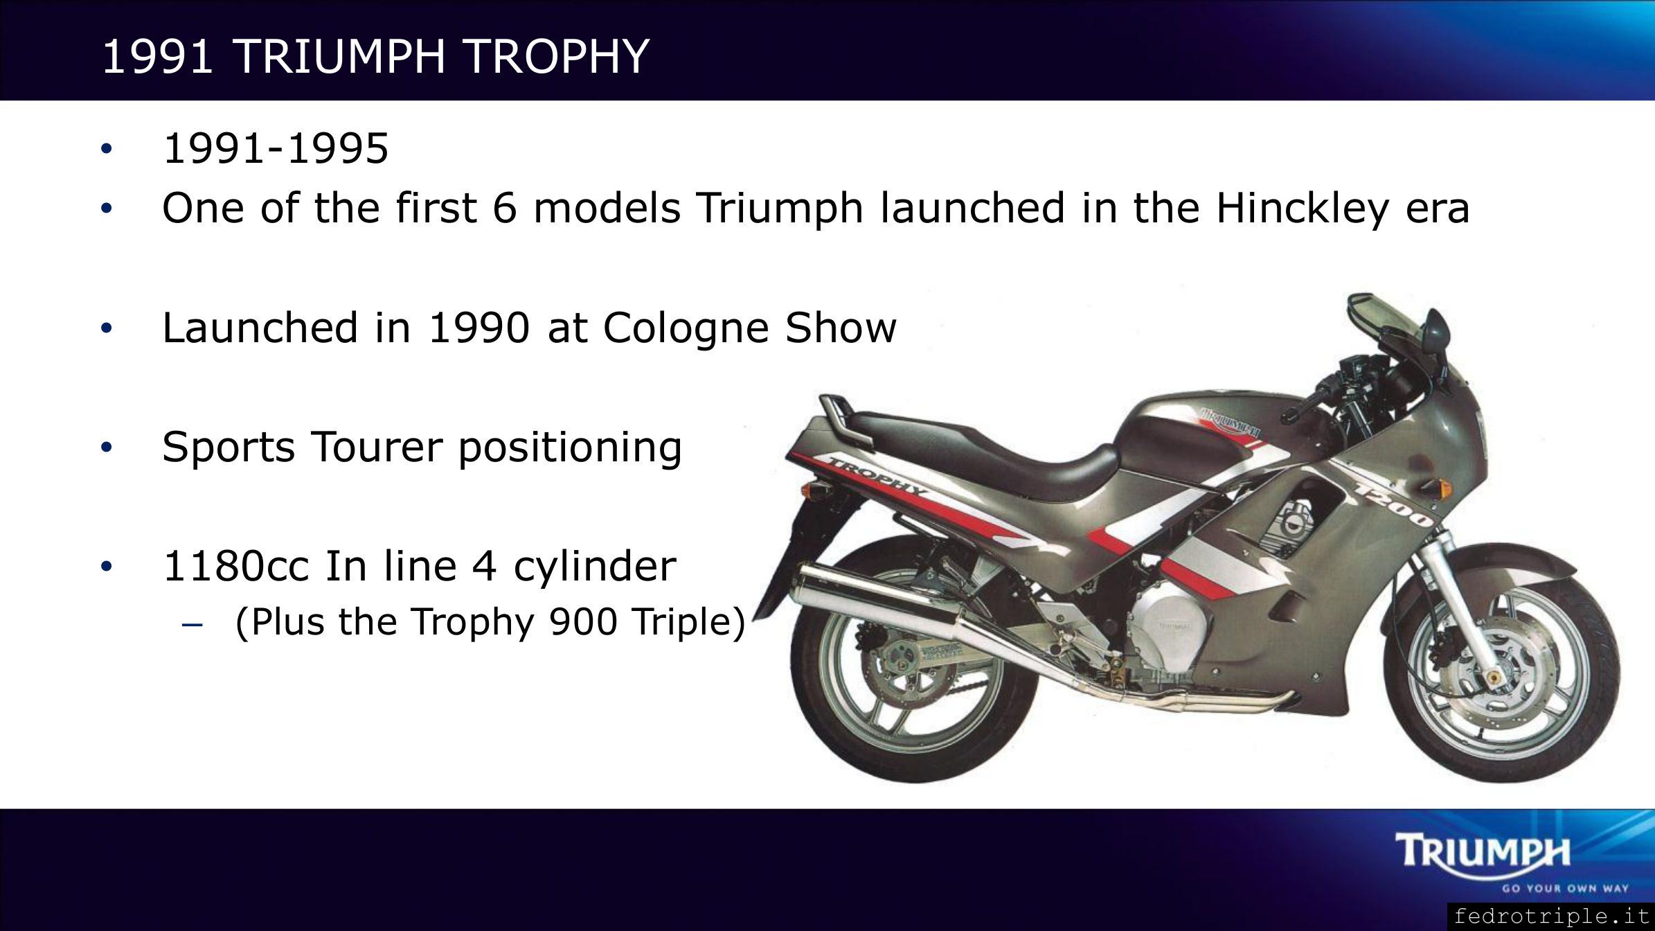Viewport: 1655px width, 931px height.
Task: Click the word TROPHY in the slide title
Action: tap(557, 56)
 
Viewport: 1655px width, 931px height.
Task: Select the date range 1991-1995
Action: tap(276, 148)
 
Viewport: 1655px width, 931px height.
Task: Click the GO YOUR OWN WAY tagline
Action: tap(1554, 887)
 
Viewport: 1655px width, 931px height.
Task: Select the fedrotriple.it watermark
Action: tap(1551, 916)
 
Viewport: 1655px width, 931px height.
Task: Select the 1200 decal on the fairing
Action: tap(1392, 503)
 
